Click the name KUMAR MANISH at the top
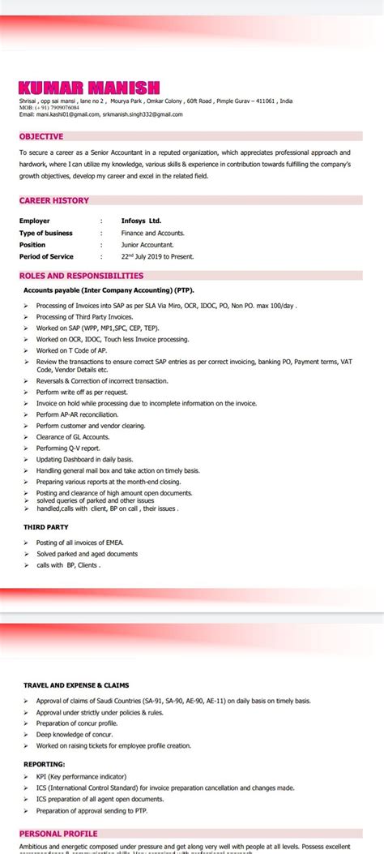pyautogui.click(x=89, y=88)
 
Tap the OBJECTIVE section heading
pyautogui.click(x=41, y=136)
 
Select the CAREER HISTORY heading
pyautogui.click(x=54, y=200)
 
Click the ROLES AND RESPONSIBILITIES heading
pyautogui.click(x=81, y=276)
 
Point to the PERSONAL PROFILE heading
pyautogui.click(x=58, y=833)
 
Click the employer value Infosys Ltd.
pyautogui.click(x=141, y=221)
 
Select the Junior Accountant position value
pyautogui.click(x=147, y=244)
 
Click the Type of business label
pyautogui.click(x=46, y=233)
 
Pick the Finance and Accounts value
pyautogui.click(x=152, y=233)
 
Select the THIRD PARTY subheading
pyautogui.click(x=45, y=527)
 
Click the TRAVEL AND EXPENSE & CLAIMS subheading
pyautogui.click(x=76, y=685)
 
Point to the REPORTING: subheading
pyautogui.click(x=45, y=764)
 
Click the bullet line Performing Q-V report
pyautogui.click(x=68, y=448)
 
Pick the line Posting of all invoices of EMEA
pyautogui.click(x=79, y=542)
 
